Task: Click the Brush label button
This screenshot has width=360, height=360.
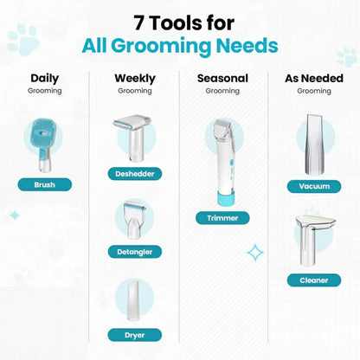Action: (x=44, y=184)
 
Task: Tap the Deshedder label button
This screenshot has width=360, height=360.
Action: (x=134, y=173)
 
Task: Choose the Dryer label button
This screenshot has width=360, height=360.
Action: (x=134, y=333)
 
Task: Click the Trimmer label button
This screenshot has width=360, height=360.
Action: (x=222, y=217)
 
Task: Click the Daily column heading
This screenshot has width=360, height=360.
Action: (x=44, y=78)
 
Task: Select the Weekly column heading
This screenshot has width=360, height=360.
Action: (x=135, y=78)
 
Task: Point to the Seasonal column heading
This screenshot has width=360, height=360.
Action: (x=222, y=78)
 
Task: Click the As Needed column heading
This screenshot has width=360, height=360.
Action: (x=313, y=78)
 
